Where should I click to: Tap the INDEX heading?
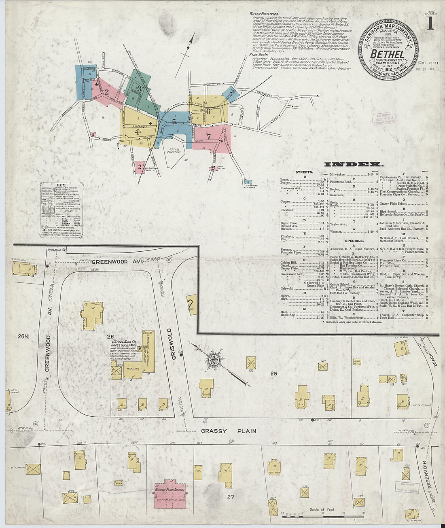[x=354, y=164]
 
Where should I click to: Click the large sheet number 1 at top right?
[x=429, y=24]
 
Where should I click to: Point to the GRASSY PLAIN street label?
[x=228, y=431]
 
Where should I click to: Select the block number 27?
[x=230, y=496]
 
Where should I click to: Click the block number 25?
[x=273, y=373]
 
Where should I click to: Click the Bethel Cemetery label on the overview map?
[x=174, y=150]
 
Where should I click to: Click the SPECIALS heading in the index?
[x=354, y=241]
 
